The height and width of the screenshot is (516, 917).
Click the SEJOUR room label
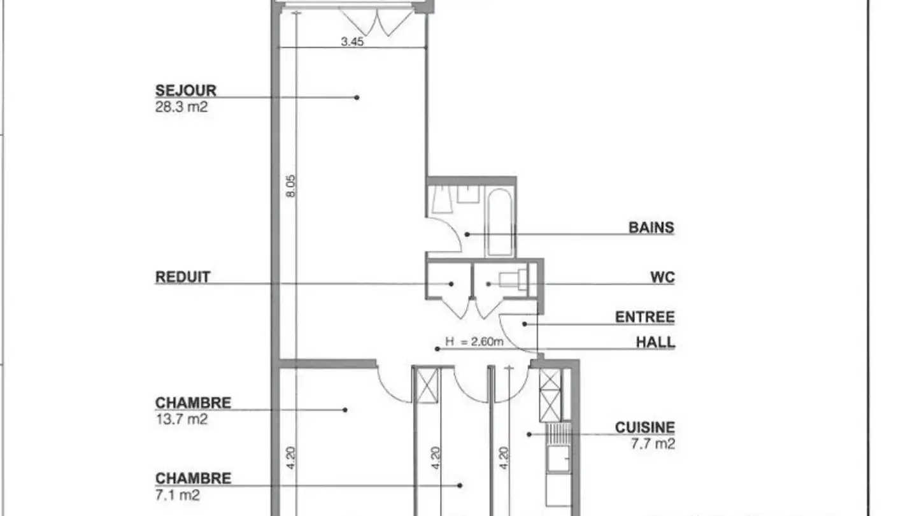(185, 90)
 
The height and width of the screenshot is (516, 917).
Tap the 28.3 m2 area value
(181, 106)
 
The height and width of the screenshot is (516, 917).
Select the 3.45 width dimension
(352, 43)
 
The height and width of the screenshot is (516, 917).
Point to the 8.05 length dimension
(291, 186)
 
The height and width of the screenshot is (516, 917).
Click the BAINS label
(651, 227)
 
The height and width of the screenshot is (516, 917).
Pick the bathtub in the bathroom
(500, 222)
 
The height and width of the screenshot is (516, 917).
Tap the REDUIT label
(182, 277)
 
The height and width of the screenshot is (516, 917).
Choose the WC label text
(662, 277)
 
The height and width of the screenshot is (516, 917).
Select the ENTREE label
(644, 317)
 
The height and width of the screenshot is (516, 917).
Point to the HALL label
(655, 343)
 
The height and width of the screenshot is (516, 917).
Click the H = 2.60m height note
(474, 342)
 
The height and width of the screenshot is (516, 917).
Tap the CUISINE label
(644, 427)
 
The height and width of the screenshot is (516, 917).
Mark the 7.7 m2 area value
(653, 443)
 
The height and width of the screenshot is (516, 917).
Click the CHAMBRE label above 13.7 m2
(193, 403)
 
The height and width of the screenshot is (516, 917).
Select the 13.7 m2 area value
(181, 419)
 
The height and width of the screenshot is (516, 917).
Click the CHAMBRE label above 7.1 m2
(193, 478)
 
